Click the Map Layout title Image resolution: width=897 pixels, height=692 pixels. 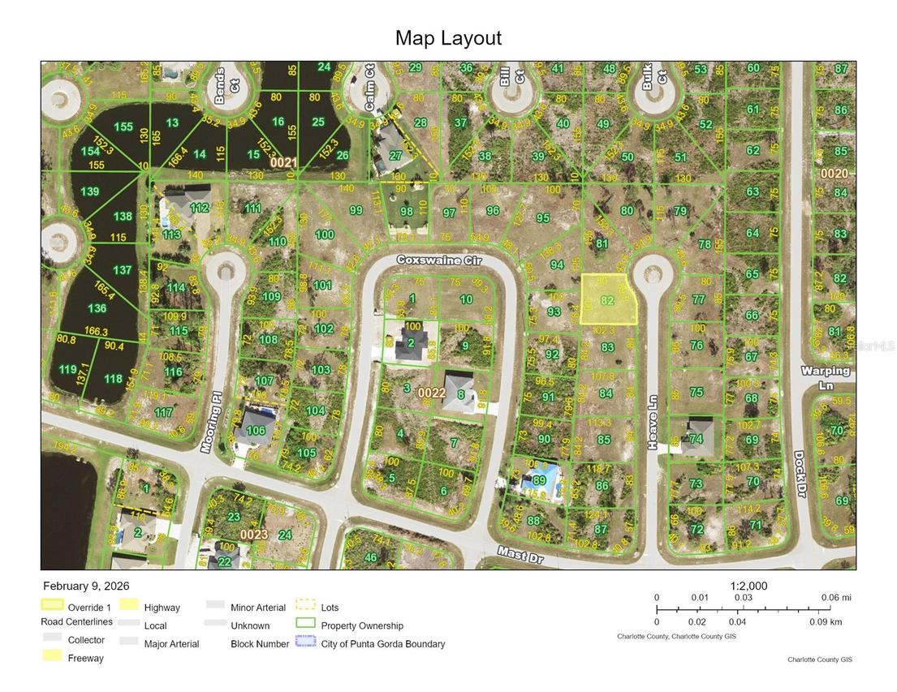coord(448,38)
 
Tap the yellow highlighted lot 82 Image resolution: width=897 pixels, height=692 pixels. coord(608,299)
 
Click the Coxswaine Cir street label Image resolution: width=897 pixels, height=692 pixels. coord(439,260)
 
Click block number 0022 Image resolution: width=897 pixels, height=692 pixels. coord(432,393)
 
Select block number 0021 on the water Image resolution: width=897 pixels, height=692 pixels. coord(283,162)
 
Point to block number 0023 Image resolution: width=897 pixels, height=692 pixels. coord(253,535)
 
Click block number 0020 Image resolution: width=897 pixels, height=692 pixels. coord(834,174)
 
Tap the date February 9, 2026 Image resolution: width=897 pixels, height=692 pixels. coord(85,586)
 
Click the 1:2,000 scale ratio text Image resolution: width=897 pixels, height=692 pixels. coord(748,587)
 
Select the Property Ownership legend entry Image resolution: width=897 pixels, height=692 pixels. coord(362,625)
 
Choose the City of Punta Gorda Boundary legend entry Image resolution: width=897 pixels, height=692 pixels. coord(382,644)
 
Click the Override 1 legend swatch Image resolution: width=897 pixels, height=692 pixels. coord(53,606)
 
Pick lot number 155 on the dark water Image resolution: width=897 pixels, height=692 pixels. coord(123,127)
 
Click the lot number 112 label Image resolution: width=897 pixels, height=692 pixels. coord(199,208)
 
